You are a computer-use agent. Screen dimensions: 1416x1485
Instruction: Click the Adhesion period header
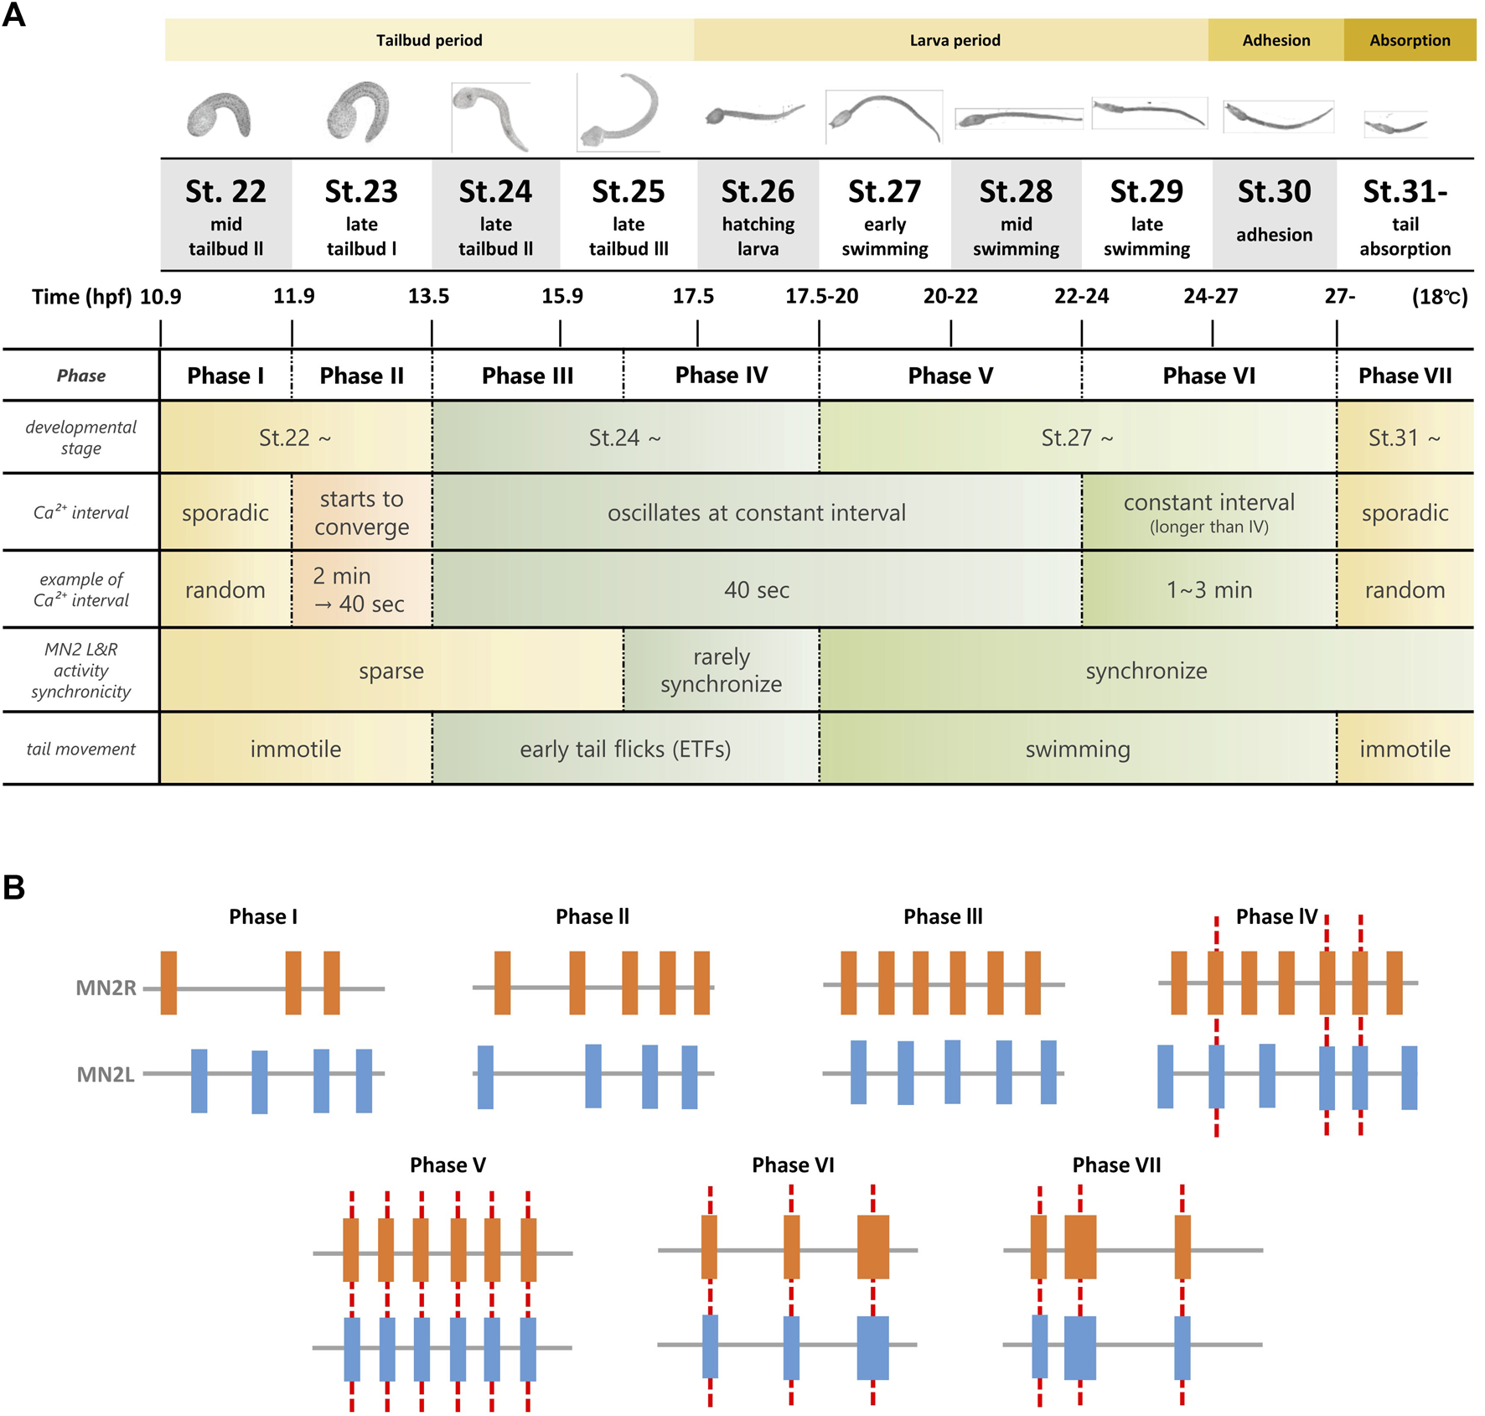coord(1275,40)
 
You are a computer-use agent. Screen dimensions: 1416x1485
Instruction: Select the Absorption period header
coord(1410,40)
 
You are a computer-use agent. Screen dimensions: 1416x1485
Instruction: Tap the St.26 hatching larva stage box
coord(758,215)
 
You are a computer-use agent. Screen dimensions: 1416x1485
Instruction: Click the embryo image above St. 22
coord(220,115)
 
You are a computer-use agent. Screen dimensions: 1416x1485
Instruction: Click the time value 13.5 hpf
coord(428,297)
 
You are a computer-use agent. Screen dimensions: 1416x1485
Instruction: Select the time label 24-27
coord(1210,297)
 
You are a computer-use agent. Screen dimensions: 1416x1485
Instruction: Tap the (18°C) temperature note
coord(1439,297)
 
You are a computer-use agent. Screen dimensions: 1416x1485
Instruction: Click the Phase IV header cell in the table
coord(721,376)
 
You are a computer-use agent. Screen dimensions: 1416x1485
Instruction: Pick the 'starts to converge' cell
coord(362,512)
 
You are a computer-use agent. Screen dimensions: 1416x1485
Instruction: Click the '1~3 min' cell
coord(1208,590)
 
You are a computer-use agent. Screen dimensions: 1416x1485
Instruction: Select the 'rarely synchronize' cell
coord(721,671)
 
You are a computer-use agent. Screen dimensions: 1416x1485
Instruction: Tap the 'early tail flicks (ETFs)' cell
coord(625,749)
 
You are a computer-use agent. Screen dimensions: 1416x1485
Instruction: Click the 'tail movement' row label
coord(80,749)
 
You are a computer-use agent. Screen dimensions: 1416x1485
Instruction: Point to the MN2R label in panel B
coord(106,988)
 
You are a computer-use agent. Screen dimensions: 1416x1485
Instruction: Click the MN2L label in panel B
coord(106,1074)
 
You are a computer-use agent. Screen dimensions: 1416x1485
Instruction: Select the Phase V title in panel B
coord(448,1165)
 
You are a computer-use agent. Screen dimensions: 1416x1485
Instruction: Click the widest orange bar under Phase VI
coord(872,1247)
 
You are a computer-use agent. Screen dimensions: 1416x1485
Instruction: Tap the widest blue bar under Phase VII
coord(1079,1347)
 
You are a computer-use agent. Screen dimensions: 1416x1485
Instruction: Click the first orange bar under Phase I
coord(168,983)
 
